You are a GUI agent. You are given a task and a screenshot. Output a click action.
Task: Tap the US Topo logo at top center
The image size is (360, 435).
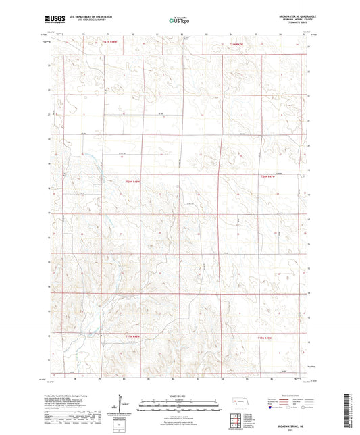[x=179, y=20]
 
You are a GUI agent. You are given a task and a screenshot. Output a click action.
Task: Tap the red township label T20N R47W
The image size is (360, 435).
[x=268, y=176]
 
